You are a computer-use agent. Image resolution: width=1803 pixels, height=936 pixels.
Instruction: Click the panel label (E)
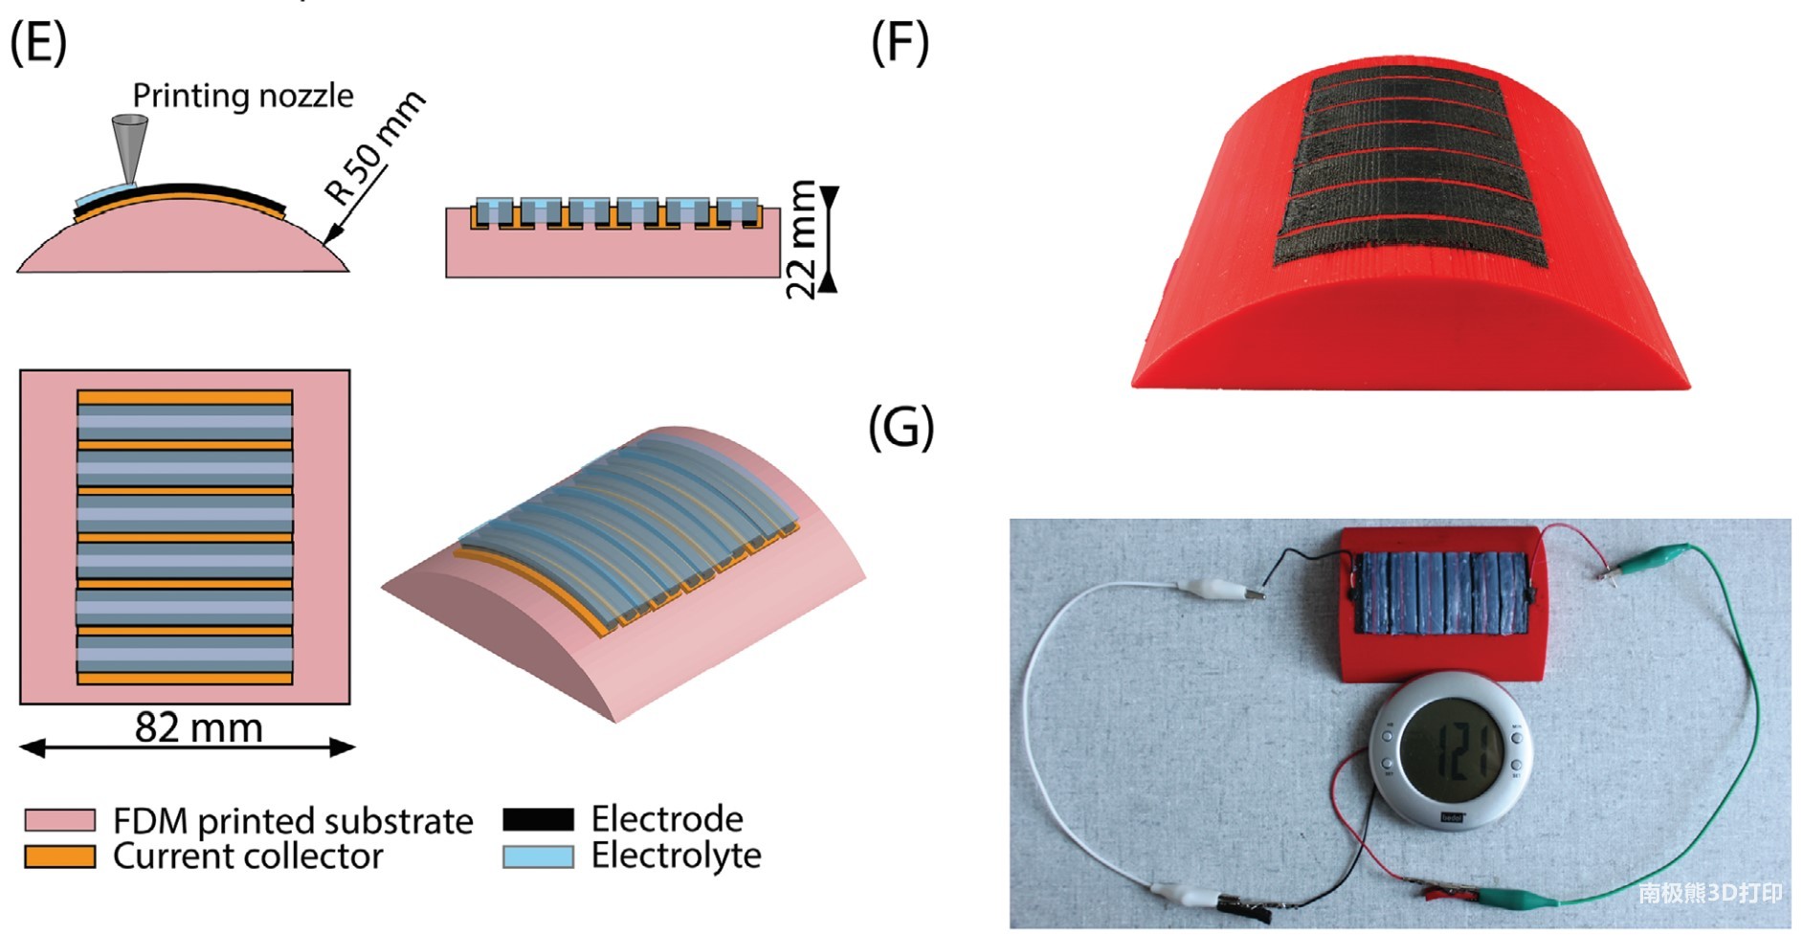tap(38, 43)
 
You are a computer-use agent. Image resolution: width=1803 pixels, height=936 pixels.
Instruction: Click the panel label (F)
tap(900, 43)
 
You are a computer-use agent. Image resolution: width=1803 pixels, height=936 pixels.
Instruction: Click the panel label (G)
tap(900, 427)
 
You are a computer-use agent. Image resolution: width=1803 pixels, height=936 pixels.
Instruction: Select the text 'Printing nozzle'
tap(243, 96)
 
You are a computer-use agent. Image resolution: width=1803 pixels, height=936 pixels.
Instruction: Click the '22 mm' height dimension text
tap(801, 239)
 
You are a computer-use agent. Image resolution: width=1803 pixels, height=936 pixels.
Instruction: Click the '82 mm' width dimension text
tap(198, 727)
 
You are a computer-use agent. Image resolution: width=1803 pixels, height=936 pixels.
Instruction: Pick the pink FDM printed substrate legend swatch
tap(59, 820)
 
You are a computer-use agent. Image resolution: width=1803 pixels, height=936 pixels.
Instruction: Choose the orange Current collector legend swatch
tap(59, 856)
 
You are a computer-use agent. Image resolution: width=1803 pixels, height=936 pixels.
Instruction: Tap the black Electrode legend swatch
tap(538, 819)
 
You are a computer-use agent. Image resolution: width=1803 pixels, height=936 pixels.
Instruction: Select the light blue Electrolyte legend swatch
tap(538, 856)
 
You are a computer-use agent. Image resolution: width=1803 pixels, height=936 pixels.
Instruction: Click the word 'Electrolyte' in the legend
tap(676, 856)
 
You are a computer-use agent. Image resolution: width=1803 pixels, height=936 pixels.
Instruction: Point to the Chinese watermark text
tap(1709, 893)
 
